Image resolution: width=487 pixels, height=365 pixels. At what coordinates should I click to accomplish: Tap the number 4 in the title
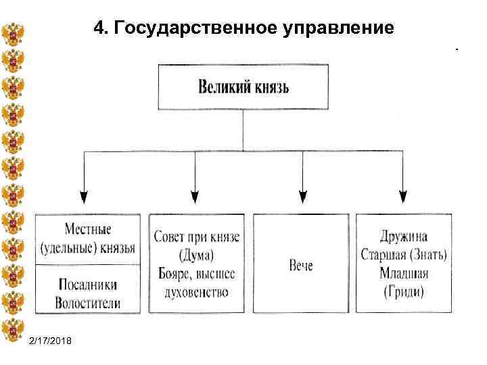click(x=100, y=28)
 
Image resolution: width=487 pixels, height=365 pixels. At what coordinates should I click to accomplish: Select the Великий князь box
click(x=243, y=87)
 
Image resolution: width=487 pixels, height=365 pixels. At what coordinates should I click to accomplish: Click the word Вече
click(x=301, y=265)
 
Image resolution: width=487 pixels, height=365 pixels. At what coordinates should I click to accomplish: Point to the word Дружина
click(x=403, y=237)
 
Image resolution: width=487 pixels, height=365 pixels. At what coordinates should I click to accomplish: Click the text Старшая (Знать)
click(x=403, y=255)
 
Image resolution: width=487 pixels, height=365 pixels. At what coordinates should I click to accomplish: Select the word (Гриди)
click(x=403, y=292)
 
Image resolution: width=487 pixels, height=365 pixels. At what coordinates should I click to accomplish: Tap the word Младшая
click(x=403, y=274)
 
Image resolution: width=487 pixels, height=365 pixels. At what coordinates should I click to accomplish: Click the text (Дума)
click(x=196, y=255)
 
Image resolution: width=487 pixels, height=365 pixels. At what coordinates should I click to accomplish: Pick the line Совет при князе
click(x=196, y=237)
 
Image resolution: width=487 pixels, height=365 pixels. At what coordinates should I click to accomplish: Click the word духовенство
click(x=196, y=293)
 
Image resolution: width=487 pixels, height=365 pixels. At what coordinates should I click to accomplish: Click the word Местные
click(x=88, y=230)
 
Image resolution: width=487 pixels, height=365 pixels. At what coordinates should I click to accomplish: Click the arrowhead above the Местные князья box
click(x=84, y=197)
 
